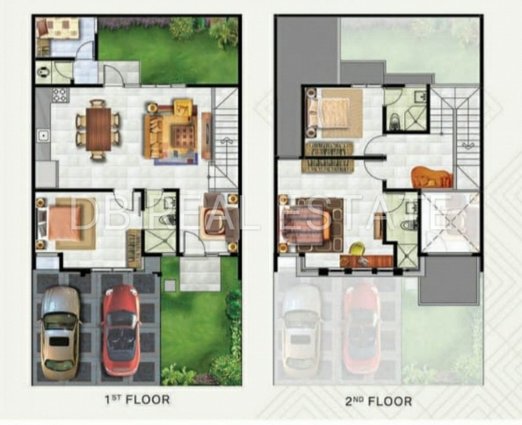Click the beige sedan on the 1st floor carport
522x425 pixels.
click(x=61, y=333)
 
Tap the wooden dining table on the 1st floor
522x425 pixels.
click(x=98, y=129)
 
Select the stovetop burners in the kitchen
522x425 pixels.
click(x=61, y=95)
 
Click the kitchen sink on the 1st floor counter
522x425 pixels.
click(x=44, y=136)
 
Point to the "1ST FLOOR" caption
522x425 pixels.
click(x=137, y=400)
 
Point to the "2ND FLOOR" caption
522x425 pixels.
click(x=379, y=401)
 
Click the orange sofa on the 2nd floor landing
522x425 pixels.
click(x=432, y=176)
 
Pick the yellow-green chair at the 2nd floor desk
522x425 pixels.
click(x=357, y=249)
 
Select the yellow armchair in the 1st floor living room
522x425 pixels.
click(x=183, y=108)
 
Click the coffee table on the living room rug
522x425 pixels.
click(x=182, y=136)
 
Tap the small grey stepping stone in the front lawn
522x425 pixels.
click(x=170, y=285)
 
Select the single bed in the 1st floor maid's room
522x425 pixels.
click(x=57, y=28)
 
